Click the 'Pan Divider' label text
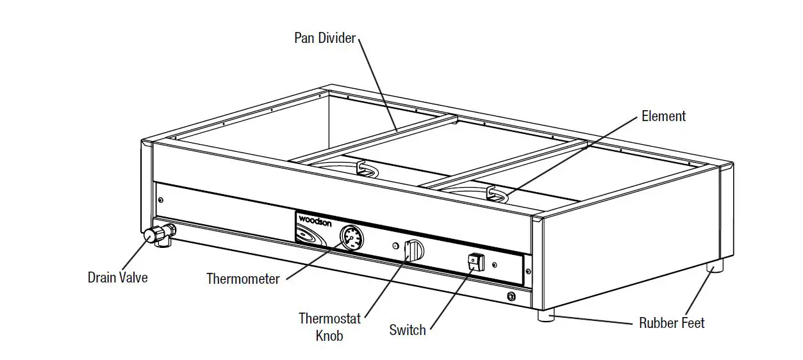(x=324, y=38)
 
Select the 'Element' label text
(x=663, y=116)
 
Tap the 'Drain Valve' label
(x=117, y=277)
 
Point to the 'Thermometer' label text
(x=242, y=279)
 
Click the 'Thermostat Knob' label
(x=329, y=327)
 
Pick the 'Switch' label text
(x=407, y=330)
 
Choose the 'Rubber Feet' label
(x=672, y=323)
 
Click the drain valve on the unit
(x=154, y=235)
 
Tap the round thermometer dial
(x=351, y=238)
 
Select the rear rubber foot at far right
(x=715, y=265)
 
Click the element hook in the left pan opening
(x=363, y=168)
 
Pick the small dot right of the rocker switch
(x=494, y=264)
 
